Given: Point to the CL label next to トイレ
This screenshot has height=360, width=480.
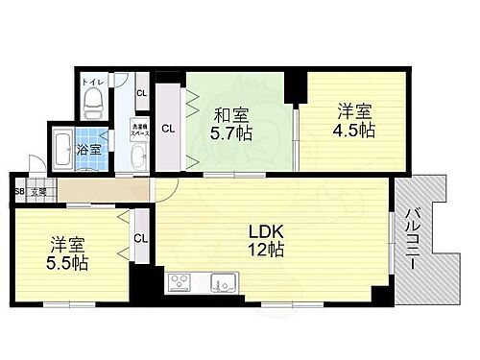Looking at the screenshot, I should [140, 93].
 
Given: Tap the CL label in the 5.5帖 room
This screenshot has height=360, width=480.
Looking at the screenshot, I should [141, 238].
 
